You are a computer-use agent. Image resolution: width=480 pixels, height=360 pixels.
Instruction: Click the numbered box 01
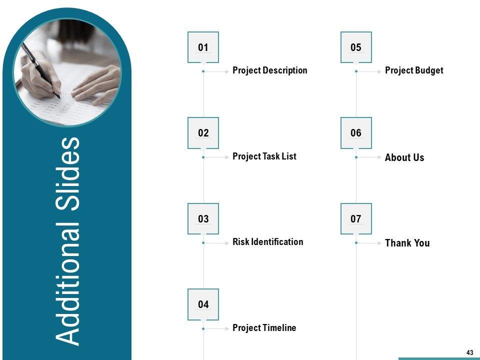pyautogui.click(x=203, y=47)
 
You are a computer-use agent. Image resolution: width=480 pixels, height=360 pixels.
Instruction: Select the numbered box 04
pyautogui.click(x=203, y=304)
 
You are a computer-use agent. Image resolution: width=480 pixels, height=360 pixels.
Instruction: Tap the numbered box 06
pyautogui.click(x=356, y=133)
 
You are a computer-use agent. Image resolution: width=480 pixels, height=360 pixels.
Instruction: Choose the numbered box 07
pyautogui.click(x=356, y=218)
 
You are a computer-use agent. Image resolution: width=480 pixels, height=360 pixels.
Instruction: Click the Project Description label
pyautogui.click(x=269, y=70)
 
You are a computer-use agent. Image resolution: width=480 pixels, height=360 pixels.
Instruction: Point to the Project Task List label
pyautogui.click(x=264, y=156)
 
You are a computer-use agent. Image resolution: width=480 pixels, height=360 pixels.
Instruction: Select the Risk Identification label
pyautogui.click(x=268, y=242)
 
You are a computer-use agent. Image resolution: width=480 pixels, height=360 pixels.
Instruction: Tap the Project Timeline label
pyautogui.click(x=264, y=327)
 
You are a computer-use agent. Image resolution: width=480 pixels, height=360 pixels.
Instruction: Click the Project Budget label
pyautogui.click(x=414, y=70)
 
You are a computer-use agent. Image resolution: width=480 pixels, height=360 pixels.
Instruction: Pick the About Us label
pyautogui.click(x=404, y=157)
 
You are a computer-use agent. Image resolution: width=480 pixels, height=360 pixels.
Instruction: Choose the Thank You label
pyautogui.click(x=407, y=243)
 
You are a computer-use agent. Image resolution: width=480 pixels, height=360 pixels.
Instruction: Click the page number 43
pyautogui.click(x=470, y=352)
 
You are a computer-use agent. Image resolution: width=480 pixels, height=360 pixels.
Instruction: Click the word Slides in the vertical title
pyautogui.click(x=67, y=174)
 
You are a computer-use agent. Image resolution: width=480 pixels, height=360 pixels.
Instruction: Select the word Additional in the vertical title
pyautogui.click(x=67, y=284)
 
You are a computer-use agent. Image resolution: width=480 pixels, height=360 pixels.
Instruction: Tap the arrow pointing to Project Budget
pyautogui.click(x=370, y=71)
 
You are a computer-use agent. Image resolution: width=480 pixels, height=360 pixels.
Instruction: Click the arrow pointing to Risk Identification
pyautogui.click(x=216, y=243)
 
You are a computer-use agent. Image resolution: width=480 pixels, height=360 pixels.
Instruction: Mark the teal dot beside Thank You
pyautogui.click(x=356, y=243)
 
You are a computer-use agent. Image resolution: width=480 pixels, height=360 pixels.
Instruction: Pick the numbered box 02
pyautogui.click(x=203, y=133)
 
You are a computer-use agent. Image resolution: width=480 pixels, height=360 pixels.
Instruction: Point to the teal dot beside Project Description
pyautogui.click(x=203, y=71)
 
